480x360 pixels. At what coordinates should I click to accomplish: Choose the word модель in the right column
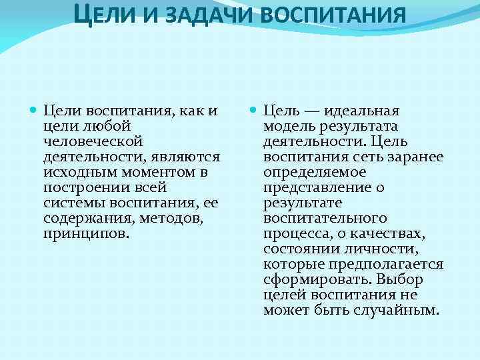pyautogui.click(x=291, y=126)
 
